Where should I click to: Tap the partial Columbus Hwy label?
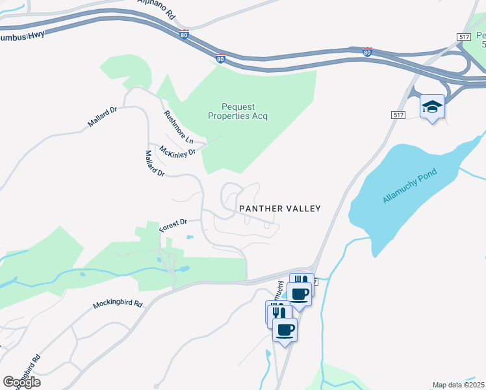23,34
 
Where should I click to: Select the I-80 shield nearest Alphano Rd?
184,34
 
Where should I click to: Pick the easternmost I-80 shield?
367,51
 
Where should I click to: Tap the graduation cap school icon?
432,105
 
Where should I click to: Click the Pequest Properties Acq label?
237,111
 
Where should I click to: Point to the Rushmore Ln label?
179,127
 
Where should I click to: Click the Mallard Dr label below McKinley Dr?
156,163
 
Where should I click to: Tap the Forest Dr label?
173,226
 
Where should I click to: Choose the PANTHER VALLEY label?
280,209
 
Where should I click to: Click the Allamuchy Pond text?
410,185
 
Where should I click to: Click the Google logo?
21,382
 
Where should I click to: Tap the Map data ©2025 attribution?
457,385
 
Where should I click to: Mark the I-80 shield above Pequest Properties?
220,58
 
